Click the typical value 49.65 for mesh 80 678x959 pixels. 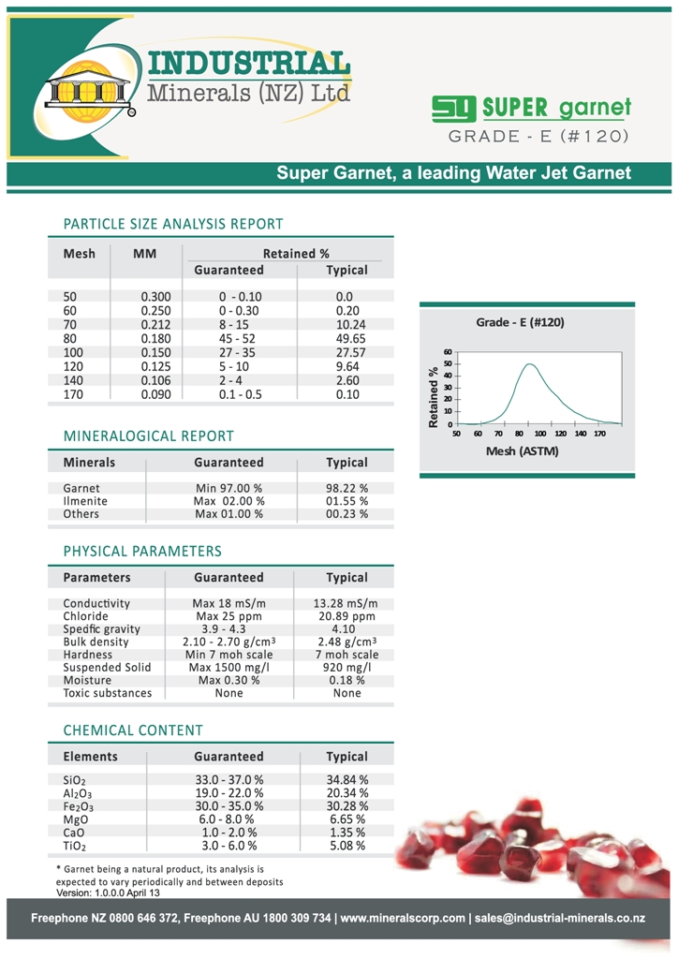pos(346,338)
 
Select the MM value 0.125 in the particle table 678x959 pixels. pos(155,367)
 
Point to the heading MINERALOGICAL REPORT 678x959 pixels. pos(148,436)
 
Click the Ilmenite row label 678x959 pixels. pos(84,501)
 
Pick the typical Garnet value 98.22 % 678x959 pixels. pos(346,488)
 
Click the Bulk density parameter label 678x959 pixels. pos(96,642)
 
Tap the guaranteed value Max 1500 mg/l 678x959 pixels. pos(229,668)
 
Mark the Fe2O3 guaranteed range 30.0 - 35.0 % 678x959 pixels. pos(229,806)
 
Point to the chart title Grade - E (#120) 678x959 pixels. pos(521,322)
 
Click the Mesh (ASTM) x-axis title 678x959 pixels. pos(522,451)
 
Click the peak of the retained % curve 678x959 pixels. pos(530,364)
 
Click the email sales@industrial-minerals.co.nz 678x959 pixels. pos(560,918)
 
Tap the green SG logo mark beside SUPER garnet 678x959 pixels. pos(454,109)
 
